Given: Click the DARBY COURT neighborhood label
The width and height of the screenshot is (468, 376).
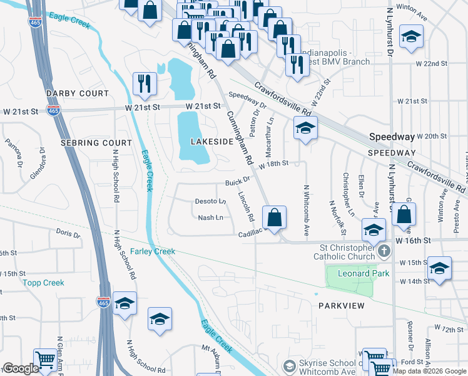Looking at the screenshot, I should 77,93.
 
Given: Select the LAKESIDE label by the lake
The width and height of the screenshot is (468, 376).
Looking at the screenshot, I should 211,142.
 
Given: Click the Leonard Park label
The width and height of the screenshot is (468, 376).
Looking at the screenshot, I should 364,273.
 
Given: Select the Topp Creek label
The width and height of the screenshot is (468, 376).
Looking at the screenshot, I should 44,283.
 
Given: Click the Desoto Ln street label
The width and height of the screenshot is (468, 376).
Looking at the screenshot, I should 211,201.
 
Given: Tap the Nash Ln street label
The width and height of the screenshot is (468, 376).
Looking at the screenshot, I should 210,217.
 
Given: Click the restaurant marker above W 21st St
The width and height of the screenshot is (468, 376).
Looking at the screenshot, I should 145,84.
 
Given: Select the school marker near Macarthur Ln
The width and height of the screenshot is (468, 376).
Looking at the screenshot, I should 305,128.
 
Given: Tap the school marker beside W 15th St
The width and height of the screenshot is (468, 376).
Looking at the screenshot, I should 439,268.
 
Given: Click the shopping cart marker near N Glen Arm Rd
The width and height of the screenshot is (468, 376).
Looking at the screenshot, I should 46,360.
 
